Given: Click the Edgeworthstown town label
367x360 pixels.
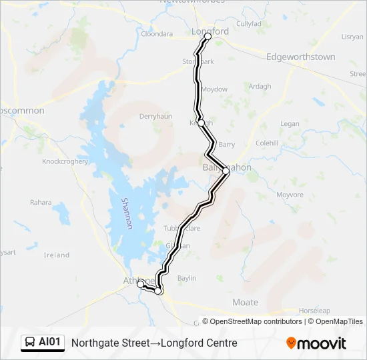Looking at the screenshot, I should (x=300, y=57).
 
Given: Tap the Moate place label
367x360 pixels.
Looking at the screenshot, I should (x=245, y=302).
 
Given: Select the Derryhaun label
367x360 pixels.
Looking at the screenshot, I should (x=155, y=116).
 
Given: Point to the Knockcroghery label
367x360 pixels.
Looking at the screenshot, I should (x=65, y=161).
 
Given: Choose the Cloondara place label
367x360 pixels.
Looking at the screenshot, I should (x=157, y=33).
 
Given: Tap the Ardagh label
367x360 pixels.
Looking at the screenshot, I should (x=260, y=87).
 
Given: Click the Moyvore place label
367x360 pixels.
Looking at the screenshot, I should (x=290, y=195).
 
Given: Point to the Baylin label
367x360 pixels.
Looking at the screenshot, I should (x=187, y=277).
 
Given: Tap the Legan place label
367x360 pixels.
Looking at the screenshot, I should (x=290, y=124).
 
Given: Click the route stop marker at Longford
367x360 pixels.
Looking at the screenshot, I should (x=208, y=37).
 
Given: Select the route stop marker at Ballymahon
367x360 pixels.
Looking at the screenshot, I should (x=226, y=171).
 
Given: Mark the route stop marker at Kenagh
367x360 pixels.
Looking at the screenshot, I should (x=201, y=123).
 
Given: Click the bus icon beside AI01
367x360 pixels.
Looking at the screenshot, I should (x=30, y=343).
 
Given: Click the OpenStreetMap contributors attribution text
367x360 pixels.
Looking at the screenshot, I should (x=256, y=321).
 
